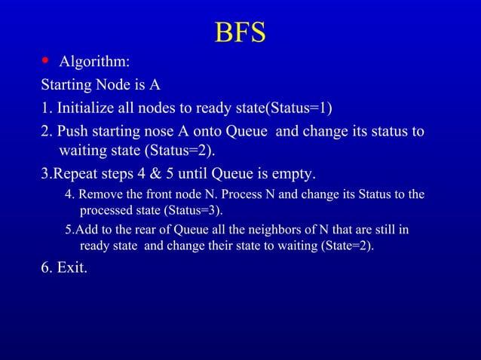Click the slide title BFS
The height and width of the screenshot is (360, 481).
(240, 32)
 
